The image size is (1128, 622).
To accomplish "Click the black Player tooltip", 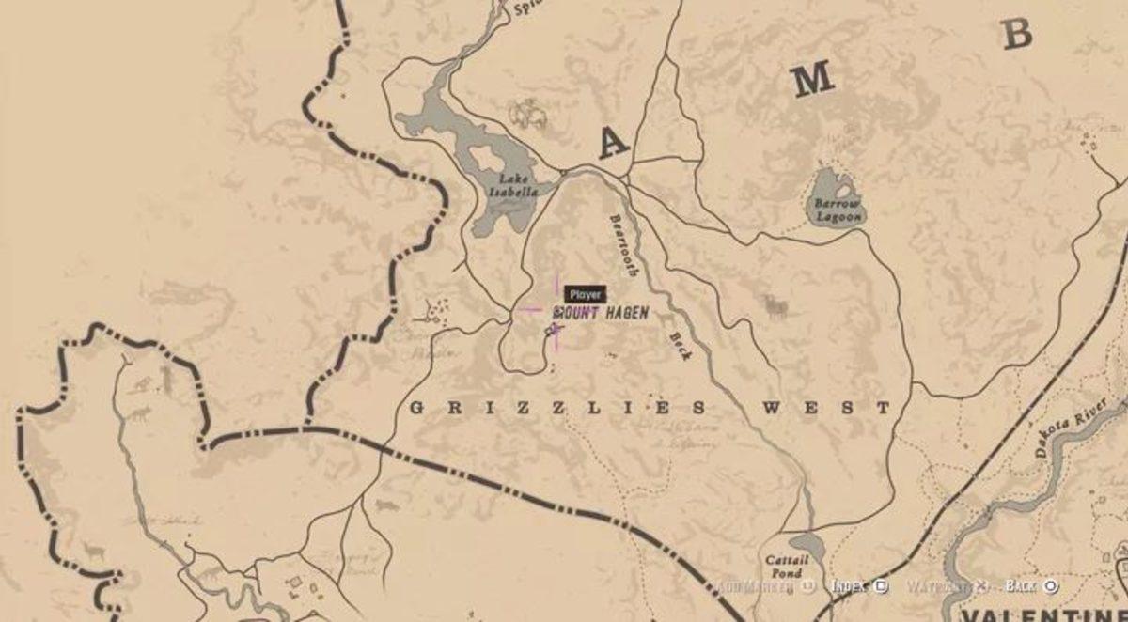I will pos(585,294).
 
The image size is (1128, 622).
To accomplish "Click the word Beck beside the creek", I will pos(680,346).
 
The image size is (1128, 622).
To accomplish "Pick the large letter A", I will pos(613,143).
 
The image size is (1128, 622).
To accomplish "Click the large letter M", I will pos(811,82).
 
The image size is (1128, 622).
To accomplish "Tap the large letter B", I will pos(1017,35).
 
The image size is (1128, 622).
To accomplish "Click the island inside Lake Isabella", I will pos(485,157).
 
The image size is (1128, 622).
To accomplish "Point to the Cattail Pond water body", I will pos(806,544).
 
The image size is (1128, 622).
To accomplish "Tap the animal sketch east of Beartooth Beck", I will pos(775,306).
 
